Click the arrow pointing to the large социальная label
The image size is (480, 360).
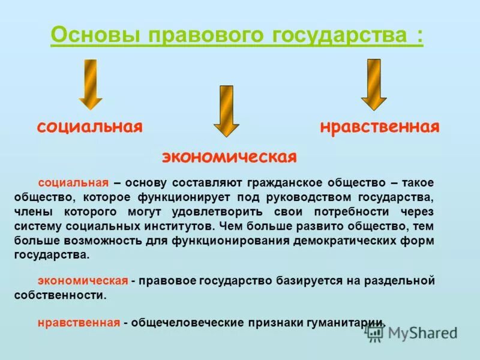[x=91, y=84]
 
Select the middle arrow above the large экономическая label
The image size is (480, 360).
[x=226, y=111]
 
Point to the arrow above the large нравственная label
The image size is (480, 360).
[x=374, y=84]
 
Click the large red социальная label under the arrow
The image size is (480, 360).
[x=90, y=127]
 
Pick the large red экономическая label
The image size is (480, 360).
[x=229, y=157]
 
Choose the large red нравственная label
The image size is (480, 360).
[x=379, y=127]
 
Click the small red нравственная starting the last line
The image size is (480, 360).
[x=79, y=322]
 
